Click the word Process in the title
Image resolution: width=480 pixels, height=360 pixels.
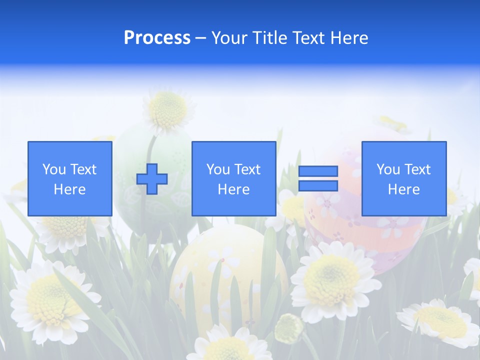tap(157, 38)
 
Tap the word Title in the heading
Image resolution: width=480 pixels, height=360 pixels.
tap(270, 38)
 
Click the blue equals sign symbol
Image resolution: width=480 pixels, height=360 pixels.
tap(318, 178)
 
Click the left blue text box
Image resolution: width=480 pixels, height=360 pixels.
tap(70, 178)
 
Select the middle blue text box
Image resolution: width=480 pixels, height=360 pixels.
tap(233, 178)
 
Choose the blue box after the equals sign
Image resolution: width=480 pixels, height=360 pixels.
tap(403, 178)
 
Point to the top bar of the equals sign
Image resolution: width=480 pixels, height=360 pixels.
tap(318, 171)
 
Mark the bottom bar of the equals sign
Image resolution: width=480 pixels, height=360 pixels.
tap(318, 186)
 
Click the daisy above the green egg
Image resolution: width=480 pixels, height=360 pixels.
tap(168, 110)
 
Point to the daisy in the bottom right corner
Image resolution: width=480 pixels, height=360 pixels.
tap(440, 320)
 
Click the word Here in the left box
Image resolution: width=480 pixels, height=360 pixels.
tap(70, 189)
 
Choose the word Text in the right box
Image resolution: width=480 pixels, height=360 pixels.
tap(418, 169)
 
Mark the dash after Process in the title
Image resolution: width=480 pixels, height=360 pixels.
tap(201, 38)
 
